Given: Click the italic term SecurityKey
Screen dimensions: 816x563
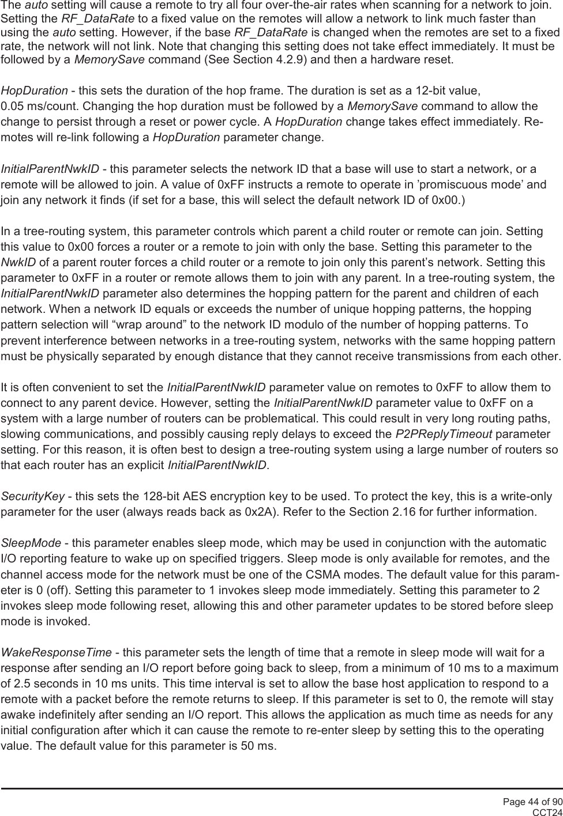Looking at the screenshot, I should (x=32, y=497).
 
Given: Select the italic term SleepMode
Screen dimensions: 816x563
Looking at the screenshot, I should (x=31, y=543).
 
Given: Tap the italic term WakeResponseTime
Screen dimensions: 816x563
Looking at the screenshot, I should (x=57, y=653).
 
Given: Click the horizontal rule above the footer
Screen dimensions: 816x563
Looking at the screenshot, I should (x=281, y=788).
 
